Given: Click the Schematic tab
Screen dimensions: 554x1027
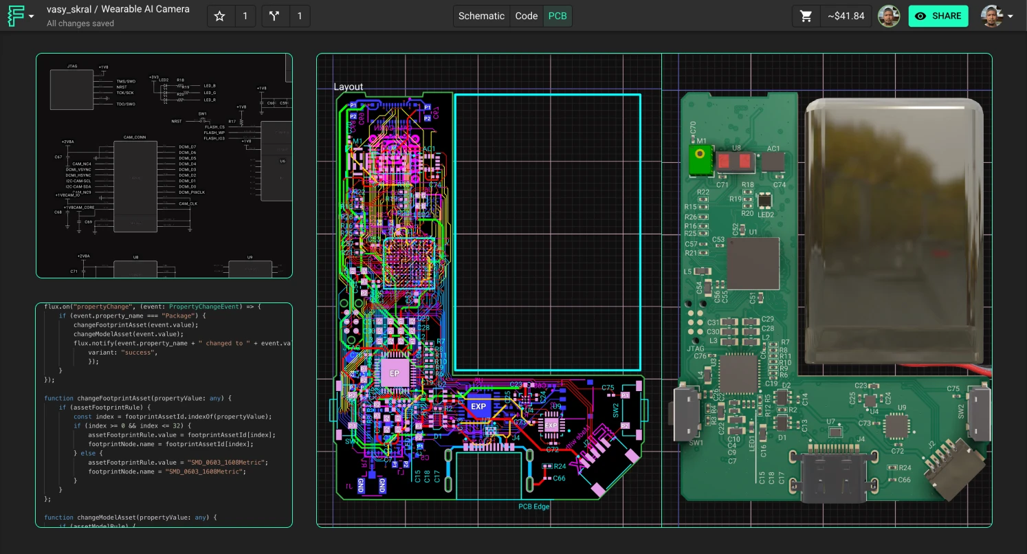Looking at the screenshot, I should tap(481, 16).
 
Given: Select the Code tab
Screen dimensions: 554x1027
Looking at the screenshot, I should tap(527, 16).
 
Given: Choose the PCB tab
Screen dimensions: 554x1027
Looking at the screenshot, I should tap(557, 16).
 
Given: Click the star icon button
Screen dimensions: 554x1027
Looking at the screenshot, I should tap(220, 16).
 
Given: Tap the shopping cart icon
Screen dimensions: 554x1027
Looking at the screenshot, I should tap(806, 16).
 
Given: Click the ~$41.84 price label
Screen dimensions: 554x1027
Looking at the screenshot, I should tap(846, 16).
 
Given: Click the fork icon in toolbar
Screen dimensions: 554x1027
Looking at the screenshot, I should tap(275, 16).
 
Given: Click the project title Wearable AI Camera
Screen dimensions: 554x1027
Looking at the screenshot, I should tap(145, 10).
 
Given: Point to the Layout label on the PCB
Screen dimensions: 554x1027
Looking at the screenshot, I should tap(349, 87).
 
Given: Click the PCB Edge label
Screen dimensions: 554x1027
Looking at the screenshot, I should tap(534, 507).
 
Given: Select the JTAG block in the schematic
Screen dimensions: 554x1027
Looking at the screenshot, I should tap(71, 89).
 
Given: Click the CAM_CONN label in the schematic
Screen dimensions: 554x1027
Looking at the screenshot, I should tap(135, 137).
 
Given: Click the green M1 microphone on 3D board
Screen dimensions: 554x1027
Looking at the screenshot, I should tap(700, 160).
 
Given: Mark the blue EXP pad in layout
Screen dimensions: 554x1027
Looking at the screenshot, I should tap(478, 406).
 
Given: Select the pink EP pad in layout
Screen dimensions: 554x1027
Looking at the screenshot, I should tap(395, 373).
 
